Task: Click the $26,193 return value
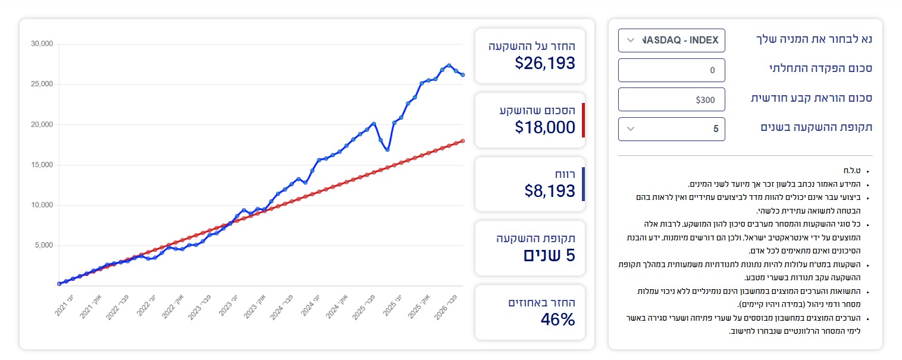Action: [545, 62]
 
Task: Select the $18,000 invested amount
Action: [545, 127]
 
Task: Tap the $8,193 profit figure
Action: [550, 190]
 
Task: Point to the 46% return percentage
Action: [558, 320]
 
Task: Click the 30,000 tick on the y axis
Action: [42, 44]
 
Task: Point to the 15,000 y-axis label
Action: [42, 165]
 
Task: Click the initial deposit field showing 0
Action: [671, 70]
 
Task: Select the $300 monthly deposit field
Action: [671, 99]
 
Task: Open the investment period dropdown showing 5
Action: [671, 129]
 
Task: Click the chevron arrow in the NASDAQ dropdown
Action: [631, 40]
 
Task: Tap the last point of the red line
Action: [462, 141]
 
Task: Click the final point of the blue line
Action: [462, 75]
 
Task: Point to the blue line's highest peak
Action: [449, 65]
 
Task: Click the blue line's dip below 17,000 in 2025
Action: [387, 150]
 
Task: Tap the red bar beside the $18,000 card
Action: [583, 120]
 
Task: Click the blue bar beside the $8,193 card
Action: [583, 184]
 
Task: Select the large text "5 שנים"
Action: [549, 255]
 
